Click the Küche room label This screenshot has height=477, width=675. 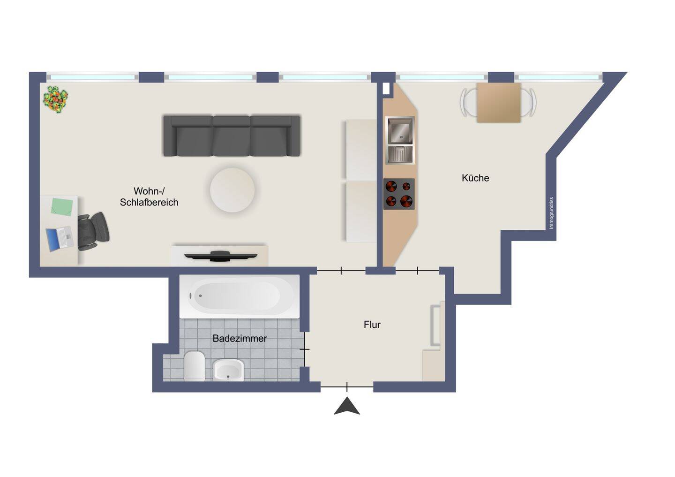pos(475,178)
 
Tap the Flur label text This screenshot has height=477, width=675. pos(372,325)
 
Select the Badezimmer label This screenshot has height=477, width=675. pos(240,338)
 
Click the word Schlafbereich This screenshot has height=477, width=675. pos(149,202)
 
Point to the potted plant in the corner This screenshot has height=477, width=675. pos(55,99)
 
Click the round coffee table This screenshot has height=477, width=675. pos(232,190)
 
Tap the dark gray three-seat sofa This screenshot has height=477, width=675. pos(232,136)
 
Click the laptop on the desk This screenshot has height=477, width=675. pos(60,238)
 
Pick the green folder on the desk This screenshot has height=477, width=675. pos(62,206)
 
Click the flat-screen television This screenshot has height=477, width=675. pos(221,256)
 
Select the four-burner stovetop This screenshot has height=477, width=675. pos(399,194)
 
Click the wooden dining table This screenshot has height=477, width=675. pos(499,103)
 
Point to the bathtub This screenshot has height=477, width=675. pos(240,296)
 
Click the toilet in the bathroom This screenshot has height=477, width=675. pos(195,366)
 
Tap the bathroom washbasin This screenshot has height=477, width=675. pos(228,370)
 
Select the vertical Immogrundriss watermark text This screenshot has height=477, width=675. pos(551,213)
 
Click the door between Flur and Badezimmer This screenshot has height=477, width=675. pos(305,349)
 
